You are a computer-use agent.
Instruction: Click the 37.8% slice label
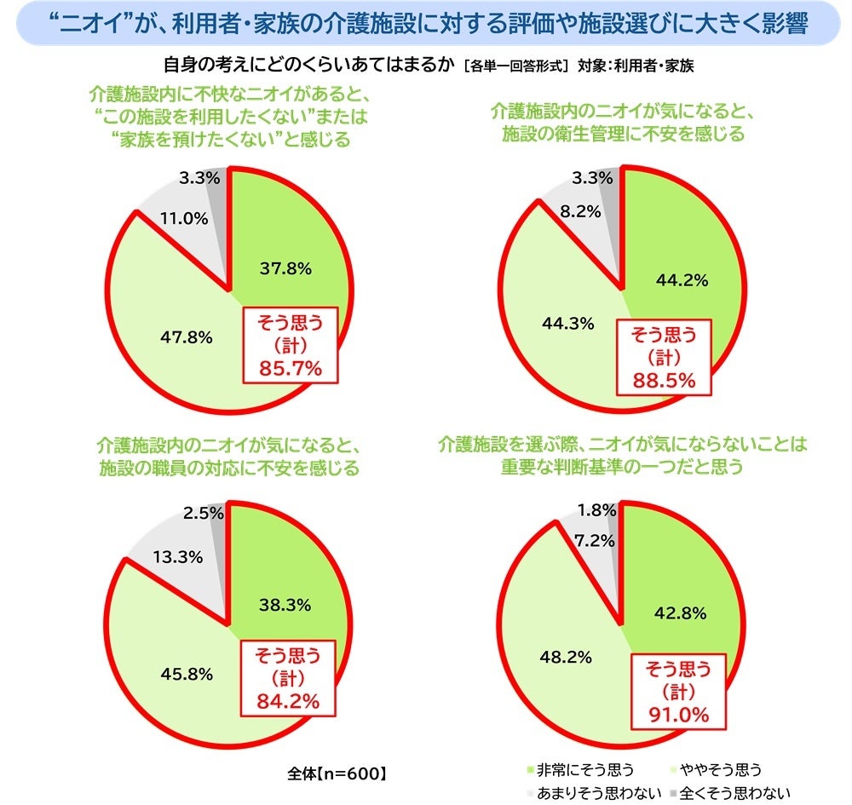[285, 268]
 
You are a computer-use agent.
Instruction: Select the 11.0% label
[183, 218]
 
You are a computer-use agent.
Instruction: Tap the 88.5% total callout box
[665, 356]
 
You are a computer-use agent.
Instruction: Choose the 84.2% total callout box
[287, 678]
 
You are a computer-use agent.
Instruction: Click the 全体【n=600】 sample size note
[338, 774]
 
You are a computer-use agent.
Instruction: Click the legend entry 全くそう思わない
[730, 793]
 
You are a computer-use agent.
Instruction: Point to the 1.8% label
[596, 510]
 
